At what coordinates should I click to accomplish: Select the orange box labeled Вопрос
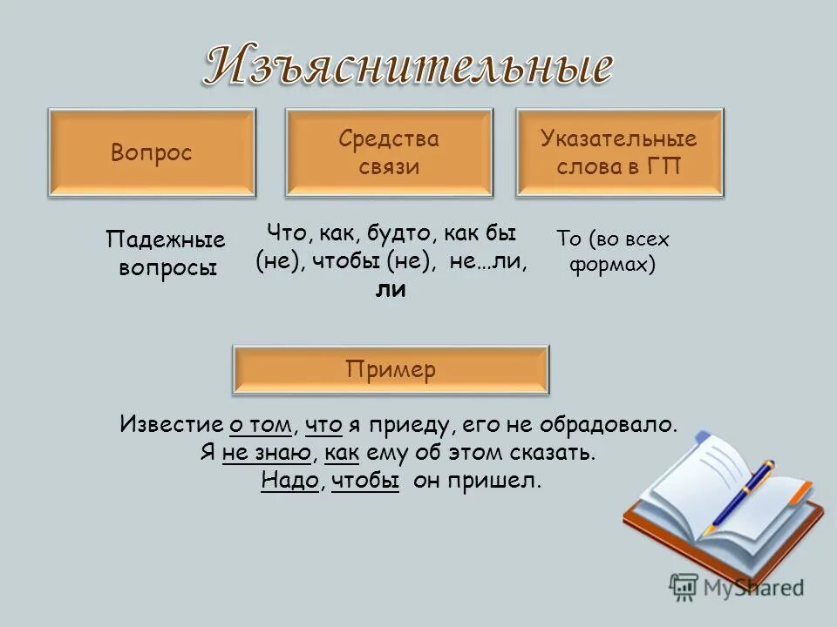(x=152, y=152)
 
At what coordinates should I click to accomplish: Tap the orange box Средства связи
(x=389, y=152)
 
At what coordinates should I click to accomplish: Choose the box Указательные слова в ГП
(x=619, y=152)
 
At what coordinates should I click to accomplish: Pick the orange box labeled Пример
(x=391, y=370)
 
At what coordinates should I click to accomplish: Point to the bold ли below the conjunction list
(x=391, y=290)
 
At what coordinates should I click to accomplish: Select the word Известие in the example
(x=171, y=426)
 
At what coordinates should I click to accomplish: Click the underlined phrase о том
(x=260, y=426)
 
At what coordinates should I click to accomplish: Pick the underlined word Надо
(x=288, y=482)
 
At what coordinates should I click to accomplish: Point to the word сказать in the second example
(x=554, y=454)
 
